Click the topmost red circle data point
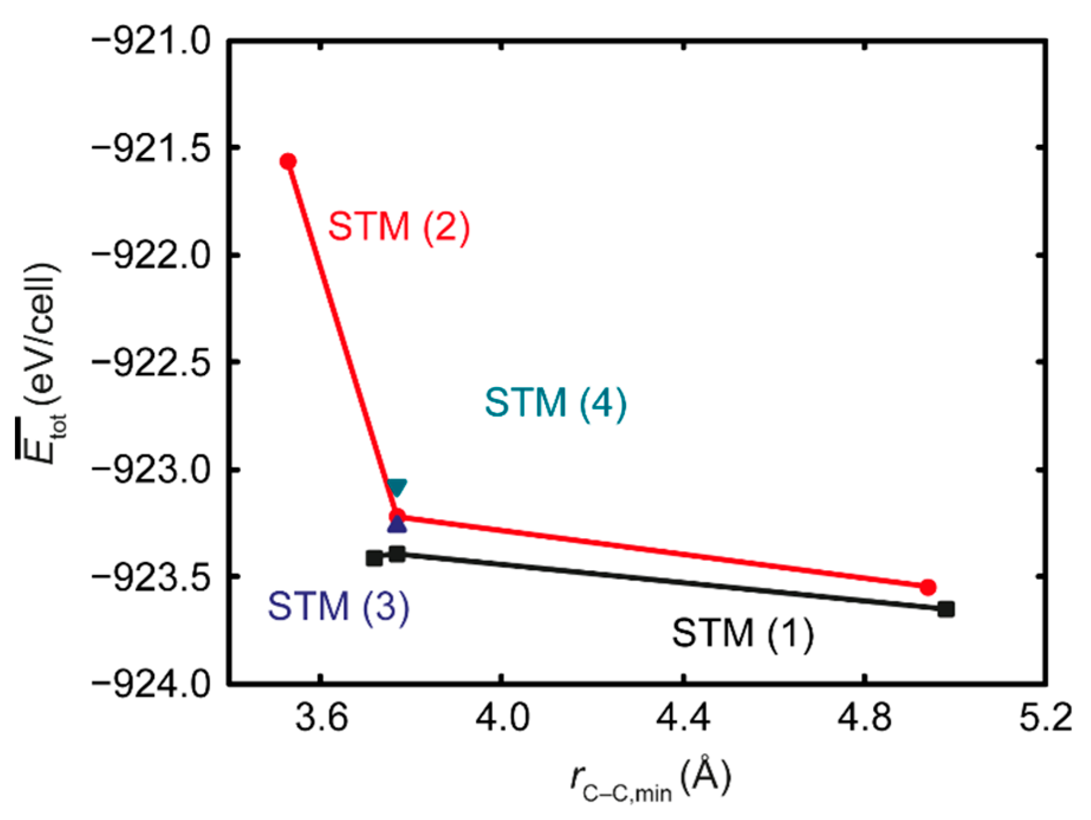(288, 161)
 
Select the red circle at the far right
(928, 587)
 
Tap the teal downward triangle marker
(397, 487)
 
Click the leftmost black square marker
(374, 558)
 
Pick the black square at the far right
(946, 609)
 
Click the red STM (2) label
(399, 226)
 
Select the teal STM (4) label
(556, 403)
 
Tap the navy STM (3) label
(339, 606)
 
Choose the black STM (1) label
(743, 633)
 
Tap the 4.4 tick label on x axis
(684, 718)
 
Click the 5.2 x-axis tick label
(1045, 718)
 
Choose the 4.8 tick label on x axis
(865, 718)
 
